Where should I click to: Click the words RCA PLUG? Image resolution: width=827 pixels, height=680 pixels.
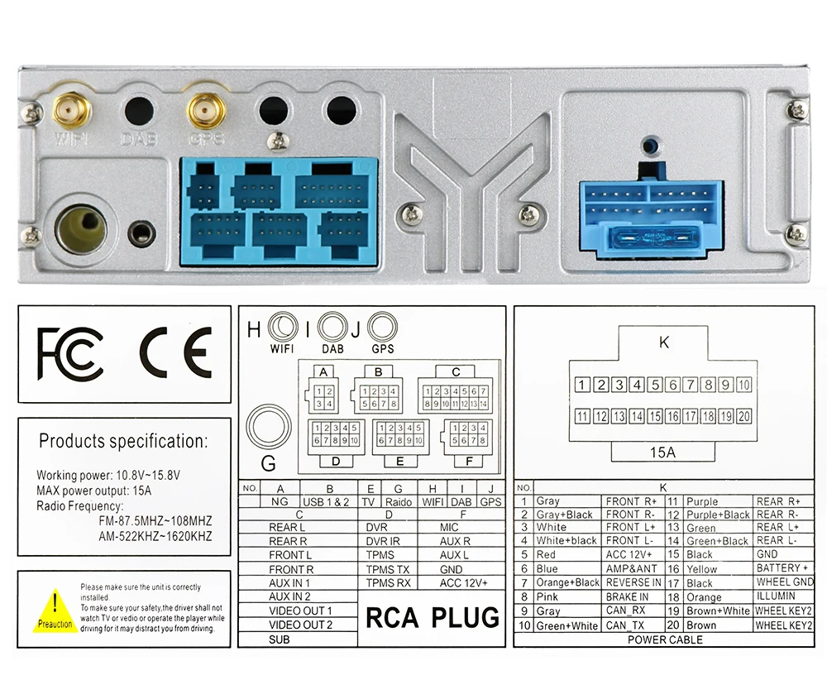point(433,617)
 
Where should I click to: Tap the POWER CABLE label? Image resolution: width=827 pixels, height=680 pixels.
point(665,639)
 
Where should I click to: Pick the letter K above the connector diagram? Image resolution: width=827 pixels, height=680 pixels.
point(663,342)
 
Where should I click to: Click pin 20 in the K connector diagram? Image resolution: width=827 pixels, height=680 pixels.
point(743,416)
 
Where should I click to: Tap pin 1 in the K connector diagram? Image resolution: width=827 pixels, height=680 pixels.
point(582,384)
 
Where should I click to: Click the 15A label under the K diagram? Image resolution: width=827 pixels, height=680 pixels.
point(662,453)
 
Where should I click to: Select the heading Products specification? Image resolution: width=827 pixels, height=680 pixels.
point(123,441)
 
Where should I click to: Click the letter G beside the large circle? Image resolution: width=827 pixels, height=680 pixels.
point(269,462)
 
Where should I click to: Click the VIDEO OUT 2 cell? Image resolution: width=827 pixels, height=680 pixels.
point(300,625)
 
